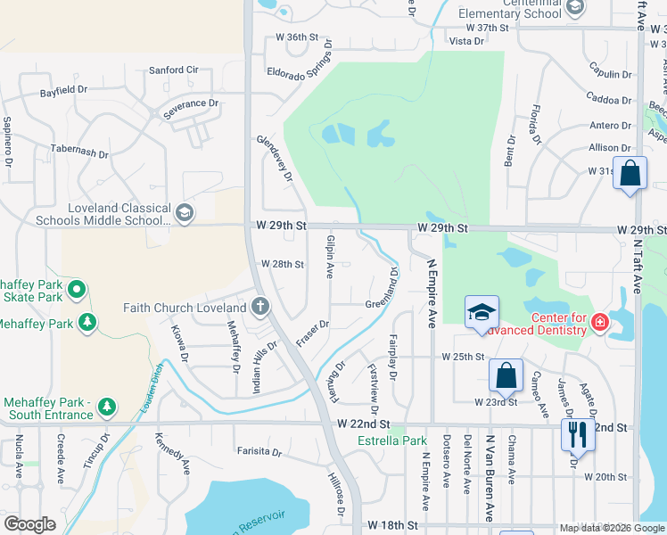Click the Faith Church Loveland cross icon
click(x=261, y=309)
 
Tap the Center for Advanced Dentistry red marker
click(x=599, y=320)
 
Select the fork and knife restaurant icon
click(x=578, y=433)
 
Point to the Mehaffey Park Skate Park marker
click(x=77, y=289)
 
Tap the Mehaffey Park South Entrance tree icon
click(x=107, y=407)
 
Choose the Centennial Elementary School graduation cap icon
click(x=574, y=8)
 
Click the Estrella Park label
click(x=392, y=440)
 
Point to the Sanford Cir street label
click(x=173, y=70)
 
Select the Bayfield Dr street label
click(x=64, y=91)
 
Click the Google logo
click(x=29, y=524)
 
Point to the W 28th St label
click(x=283, y=264)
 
